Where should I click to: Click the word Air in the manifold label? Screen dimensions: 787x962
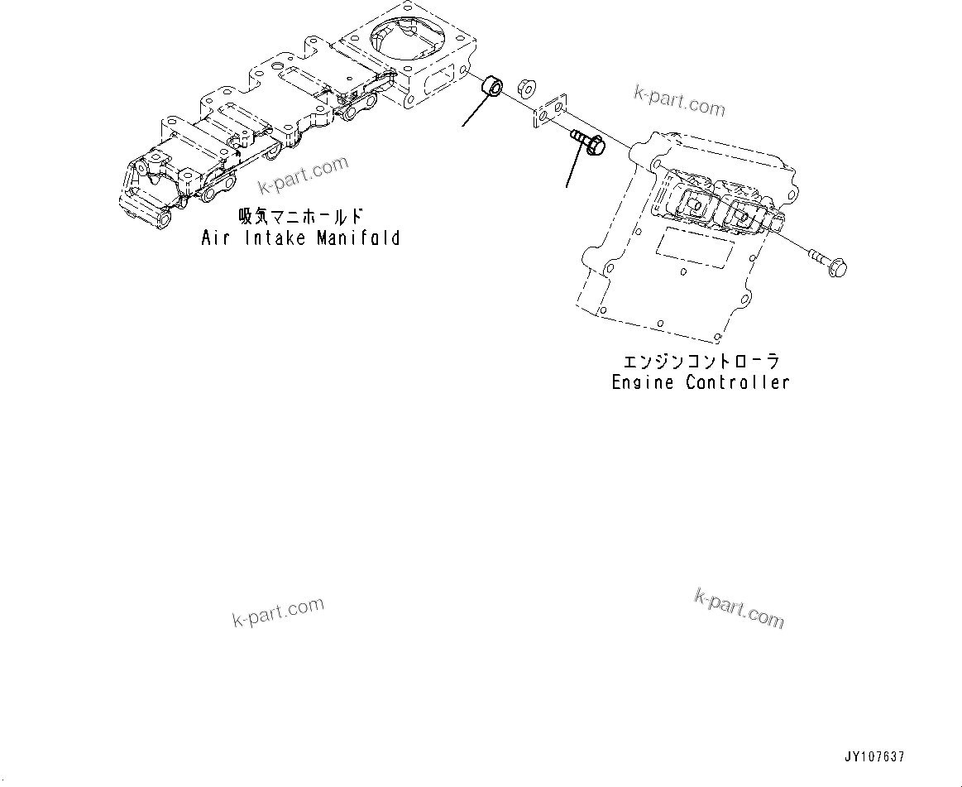pyautogui.click(x=216, y=238)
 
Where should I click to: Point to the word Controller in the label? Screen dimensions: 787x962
pyautogui.click(x=738, y=382)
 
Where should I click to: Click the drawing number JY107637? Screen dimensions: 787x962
pyautogui.click(x=874, y=756)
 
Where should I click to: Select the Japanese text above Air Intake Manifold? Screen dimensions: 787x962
pyautogui.click(x=300, y=217)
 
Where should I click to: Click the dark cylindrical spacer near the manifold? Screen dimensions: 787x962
pyautogui.click(x=495, y=84)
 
